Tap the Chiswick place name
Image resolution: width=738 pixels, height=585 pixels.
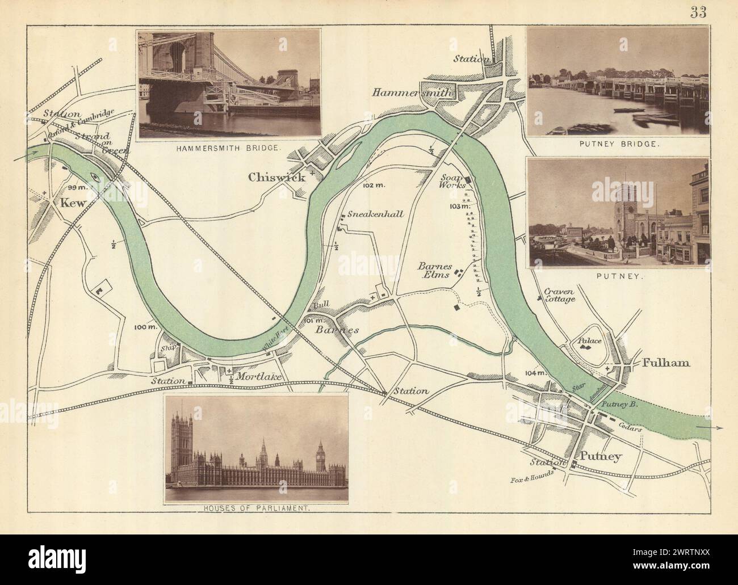276,178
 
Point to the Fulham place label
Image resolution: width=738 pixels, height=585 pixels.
666,363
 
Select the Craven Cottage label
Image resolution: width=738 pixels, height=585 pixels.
560,294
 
